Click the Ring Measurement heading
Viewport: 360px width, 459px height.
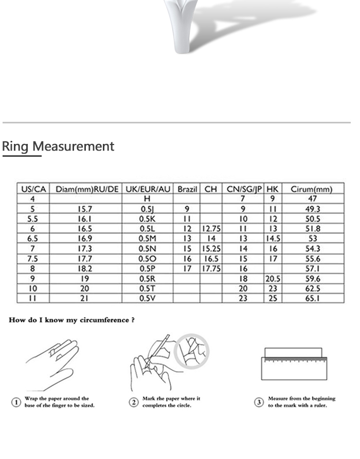58,146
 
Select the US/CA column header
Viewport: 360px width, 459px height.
33,189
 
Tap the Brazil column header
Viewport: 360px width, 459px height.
187,189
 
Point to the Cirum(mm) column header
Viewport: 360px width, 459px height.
312,189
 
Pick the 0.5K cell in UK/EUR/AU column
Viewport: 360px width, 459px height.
147,219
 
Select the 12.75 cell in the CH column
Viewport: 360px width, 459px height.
211,229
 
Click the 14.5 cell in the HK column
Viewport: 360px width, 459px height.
273,238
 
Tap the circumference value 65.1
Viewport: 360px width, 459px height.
312,298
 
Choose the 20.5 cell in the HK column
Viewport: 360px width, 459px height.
273,278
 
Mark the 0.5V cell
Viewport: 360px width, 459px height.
147,298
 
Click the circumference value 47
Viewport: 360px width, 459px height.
312,199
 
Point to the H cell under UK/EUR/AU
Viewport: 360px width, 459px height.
147,199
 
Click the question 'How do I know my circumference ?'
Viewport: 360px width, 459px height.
72,320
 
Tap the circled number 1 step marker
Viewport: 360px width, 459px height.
16,402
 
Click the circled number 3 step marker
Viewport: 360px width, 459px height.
259,402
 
